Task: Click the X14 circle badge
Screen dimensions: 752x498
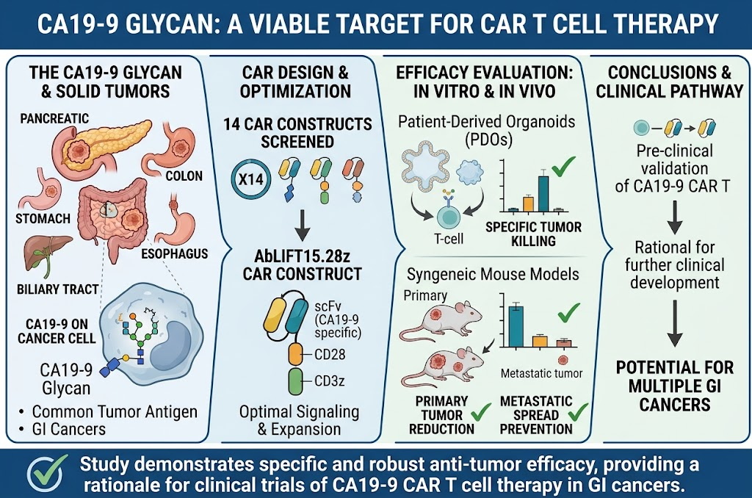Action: tap(251, 179)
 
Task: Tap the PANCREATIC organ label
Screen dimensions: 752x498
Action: tap(54, 118)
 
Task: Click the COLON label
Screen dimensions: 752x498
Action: tap(184, 176)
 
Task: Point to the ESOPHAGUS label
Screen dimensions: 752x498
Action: tap(175, 254)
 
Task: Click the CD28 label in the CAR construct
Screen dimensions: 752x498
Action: tap(330, 355)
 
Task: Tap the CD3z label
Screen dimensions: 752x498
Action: tap(330, 381)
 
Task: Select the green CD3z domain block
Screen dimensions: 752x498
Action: tap(295, 382)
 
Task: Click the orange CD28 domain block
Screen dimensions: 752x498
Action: tap(295, 355)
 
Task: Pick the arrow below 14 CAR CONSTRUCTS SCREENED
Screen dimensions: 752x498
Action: tap(302, 225)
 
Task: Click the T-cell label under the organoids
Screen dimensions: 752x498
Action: tap(449, 239)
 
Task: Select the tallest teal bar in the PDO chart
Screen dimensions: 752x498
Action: tap(543, 193)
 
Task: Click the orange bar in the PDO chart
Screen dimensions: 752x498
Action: tap(528, 204)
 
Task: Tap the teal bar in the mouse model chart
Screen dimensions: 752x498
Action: tap(516, 326)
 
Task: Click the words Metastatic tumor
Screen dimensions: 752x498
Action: tap(541, 373)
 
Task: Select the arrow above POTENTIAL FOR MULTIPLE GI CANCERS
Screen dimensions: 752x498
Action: tap(675, 323)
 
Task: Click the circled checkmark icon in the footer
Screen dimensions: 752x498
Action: tap(46, 473)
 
